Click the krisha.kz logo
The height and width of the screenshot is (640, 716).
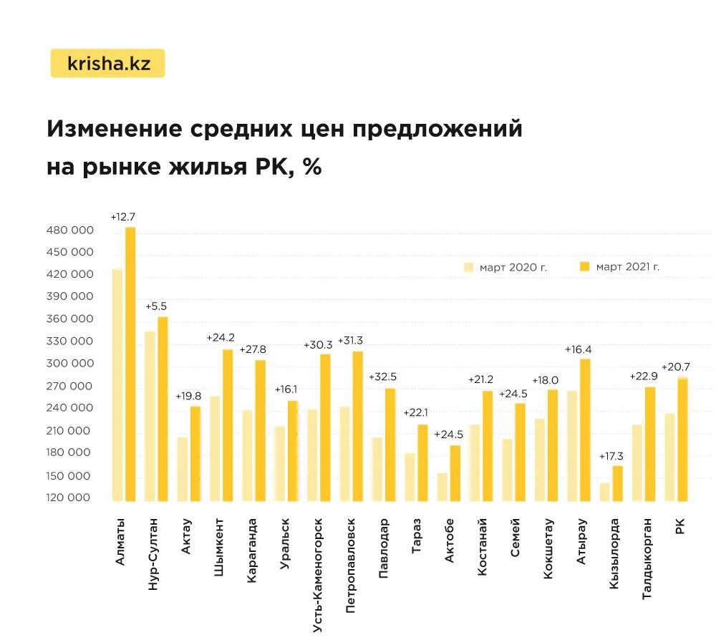[x=108, y=63]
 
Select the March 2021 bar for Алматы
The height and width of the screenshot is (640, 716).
[x=130, y=364]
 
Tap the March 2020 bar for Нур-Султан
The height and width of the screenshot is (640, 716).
[x=150, y=416]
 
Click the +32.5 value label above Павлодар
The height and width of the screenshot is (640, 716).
[x=383, y=377]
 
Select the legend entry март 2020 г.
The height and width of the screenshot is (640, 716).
[x=505, y=267]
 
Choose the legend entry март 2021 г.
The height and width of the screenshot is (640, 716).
[x=620, y=267]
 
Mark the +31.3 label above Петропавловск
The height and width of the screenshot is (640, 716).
[x=351, y=340]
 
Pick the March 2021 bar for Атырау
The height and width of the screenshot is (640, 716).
[x=585, y=430]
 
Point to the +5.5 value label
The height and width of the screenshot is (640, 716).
[x=156, y=306]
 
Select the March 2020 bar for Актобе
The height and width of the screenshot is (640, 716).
[x=442, y=487]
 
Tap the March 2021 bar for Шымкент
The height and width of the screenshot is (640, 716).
[x=228, y=425]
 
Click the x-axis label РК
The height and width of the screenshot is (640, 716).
[x=679, y=526]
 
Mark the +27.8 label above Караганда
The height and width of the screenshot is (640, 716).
[x=253, y=349]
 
